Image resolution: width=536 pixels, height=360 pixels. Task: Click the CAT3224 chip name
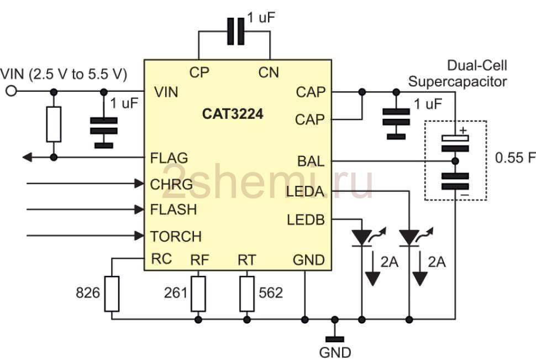point(233,114)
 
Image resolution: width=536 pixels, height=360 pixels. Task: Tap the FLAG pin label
point(169,158)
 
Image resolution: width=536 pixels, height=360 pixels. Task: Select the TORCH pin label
point(176,237)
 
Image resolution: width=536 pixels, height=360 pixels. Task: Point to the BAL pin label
point(311,161)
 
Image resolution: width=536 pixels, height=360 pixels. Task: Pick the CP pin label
point(199,72)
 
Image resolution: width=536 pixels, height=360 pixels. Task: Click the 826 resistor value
point(88,293)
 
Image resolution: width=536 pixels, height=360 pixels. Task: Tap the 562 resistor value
point(271,293)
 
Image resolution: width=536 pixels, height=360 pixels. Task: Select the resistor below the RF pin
point(198,294)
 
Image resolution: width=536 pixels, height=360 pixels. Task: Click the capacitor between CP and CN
point(236,32)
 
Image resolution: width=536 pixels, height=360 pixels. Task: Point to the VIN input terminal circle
point(11,91)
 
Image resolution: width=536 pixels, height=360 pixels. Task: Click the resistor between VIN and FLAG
point(54,124)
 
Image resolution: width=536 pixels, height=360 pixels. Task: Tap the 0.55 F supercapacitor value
point(515,158)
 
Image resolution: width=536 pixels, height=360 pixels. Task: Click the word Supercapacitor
point(458,82)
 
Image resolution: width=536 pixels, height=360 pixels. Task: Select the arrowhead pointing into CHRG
point(139,184)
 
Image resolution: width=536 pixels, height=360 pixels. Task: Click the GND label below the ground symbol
point(335,352)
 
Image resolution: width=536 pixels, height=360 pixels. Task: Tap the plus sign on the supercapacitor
point(463,131)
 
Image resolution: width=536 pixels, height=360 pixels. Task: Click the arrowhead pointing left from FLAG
point(27,158)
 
